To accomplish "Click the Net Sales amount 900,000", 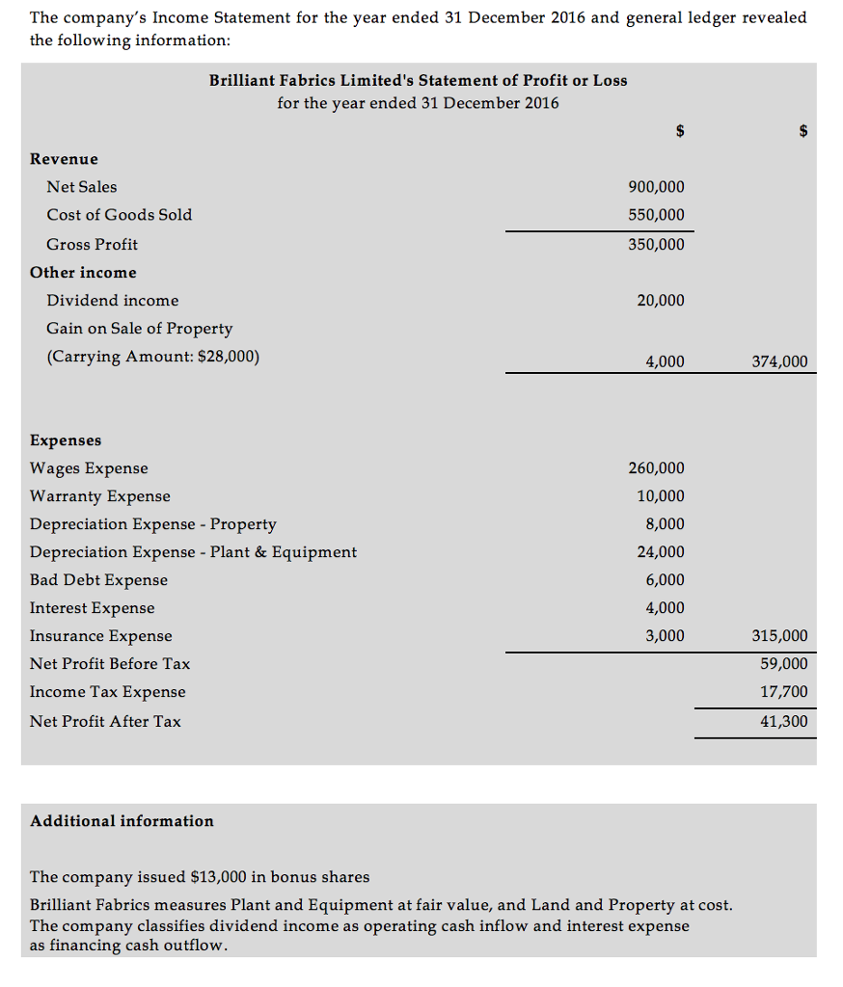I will (656, 187).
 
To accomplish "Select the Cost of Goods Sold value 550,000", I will (656, 215).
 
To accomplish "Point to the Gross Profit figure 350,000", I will (656, 244).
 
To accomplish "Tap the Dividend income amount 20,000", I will (661, 301).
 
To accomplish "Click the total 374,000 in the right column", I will (779, 361).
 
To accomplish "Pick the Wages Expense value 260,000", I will (656, 468).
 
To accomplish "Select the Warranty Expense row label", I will (100, 496).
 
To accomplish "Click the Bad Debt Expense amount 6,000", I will (665, 580).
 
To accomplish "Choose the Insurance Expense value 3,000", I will (665, 636).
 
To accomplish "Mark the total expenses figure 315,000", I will (779, 636).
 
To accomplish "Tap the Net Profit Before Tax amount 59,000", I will (784, 664).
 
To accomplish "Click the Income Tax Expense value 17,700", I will (784, 692).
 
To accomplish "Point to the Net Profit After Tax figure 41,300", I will (784, 721).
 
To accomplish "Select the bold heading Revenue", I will (64, 159).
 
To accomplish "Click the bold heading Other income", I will (83, 273).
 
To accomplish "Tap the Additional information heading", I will (122, 821).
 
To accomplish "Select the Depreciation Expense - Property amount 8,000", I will (665, 524).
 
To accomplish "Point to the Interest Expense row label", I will (92, 608).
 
